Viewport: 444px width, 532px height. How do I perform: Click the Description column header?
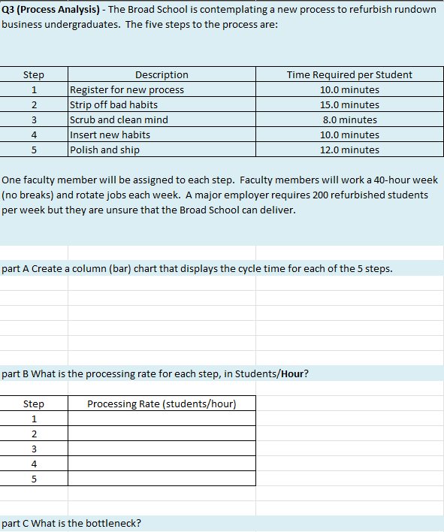[x=162, y=74]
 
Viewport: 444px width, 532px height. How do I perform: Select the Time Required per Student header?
[x=349, y=74]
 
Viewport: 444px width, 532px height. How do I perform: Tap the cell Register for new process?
[x=127, y=89]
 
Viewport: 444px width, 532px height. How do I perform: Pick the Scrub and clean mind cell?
[x=119, y=119]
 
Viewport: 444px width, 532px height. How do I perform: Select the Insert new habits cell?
[x=110, y=135]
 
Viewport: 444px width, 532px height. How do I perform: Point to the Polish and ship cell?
[x=104, y=150]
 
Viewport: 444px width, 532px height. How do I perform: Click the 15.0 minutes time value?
[x=349, y=104]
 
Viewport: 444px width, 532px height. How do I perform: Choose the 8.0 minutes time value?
[x=349, y=119]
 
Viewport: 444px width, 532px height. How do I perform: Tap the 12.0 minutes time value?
[x=349, y=150]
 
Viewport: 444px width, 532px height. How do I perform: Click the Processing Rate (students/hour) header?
[x=162, y=404]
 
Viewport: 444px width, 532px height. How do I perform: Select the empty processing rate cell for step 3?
[x=162, y=449]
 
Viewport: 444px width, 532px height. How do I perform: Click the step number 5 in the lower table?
[x=34, y=479]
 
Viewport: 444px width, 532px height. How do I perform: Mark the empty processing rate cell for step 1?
[x=162, y=419]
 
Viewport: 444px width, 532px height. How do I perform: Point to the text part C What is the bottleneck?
[x=72, y=523]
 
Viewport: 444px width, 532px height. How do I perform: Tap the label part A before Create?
[x=16, y=269]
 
